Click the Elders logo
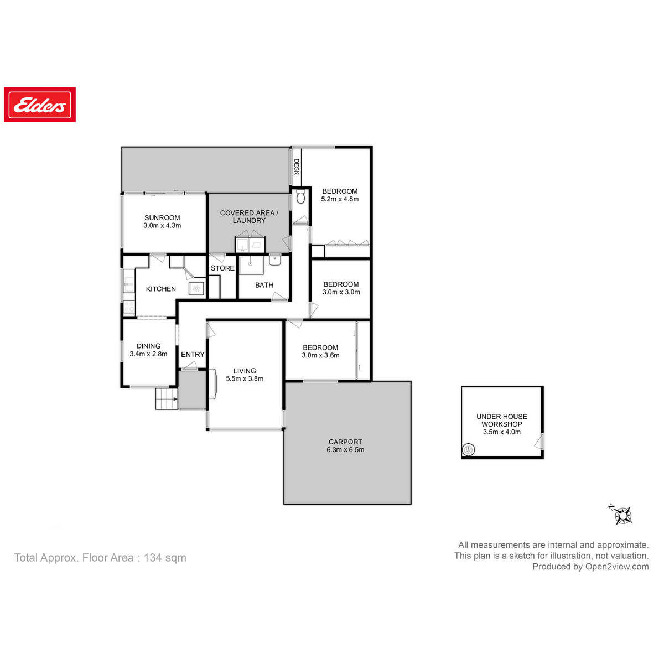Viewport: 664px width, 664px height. (x=40, y=105)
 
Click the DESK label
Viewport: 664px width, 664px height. (x=297, y=167)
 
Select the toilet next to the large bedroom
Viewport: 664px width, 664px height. (x=300, y=196)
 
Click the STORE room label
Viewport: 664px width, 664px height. (x=222, y=268)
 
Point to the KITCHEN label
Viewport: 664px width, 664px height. (x=161, y=289)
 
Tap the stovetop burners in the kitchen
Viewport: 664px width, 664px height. (x=129, y=307)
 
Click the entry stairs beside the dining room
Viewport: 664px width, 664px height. (x=167, y=398)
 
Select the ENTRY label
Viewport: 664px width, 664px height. (x=193, y=354)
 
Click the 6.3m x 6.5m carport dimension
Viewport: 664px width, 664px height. (x=345, y=449)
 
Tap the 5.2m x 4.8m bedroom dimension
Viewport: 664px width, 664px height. (x=340, y=199)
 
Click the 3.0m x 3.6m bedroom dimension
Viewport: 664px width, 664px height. (x=320, y=355)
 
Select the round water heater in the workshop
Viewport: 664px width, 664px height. (x=469, y=449)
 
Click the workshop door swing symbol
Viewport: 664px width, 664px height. (x=538, y=442)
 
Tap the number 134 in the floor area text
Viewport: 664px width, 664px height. (x=153, y=558)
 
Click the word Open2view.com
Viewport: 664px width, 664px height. (x=617, y=567)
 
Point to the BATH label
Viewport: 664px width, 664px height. (x=264, y=285)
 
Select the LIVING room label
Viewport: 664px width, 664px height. (x=245, y=371)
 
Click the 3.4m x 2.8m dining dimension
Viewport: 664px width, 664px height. (x=148, y=354)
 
